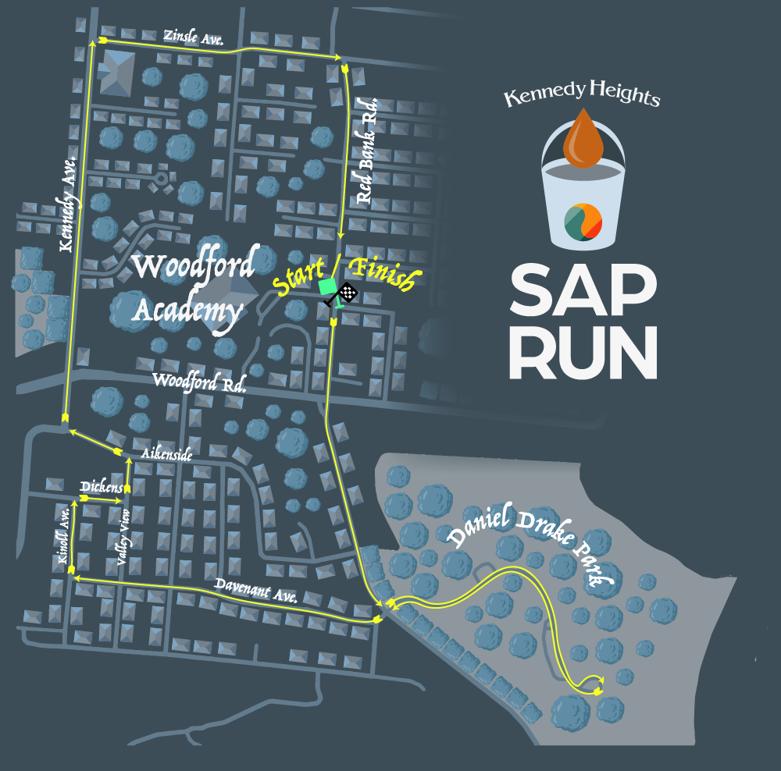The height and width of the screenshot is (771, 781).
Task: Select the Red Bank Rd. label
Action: tap(366, 151)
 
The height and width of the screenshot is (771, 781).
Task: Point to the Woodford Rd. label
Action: tap(199, 382)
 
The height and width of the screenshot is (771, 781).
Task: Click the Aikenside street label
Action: tap(166, 454)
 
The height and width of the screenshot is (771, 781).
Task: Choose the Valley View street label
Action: tap(123, 536)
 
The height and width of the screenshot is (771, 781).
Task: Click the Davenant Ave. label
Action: tap(257, 590)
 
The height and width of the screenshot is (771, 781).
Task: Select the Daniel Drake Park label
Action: tap(531, 545)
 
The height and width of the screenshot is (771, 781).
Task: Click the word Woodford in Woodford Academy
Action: tap(193, 267)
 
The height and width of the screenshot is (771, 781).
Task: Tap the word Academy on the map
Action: tap(187, 311)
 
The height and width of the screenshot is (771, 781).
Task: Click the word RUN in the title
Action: tap(583, 352)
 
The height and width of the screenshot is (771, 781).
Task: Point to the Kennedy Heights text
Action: tap(582, 97)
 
